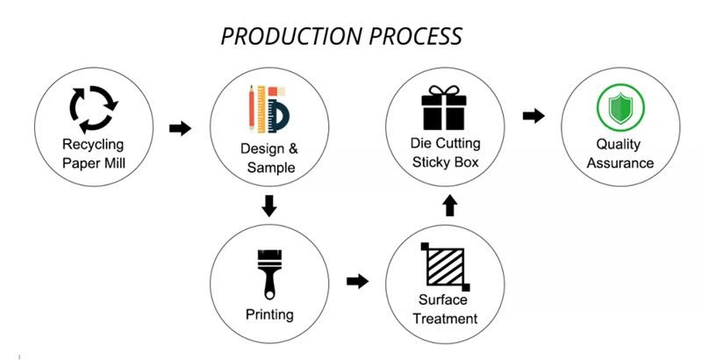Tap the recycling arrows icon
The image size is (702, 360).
93,106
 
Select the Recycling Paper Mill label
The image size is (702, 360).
93,153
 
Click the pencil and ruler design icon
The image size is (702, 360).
269,106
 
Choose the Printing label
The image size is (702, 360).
269,314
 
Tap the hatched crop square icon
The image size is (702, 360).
446,263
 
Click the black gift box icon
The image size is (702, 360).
446,107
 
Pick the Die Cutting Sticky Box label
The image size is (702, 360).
446,153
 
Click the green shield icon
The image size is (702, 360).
620,107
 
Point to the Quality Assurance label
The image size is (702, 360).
620,153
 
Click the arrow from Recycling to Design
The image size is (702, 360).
180,128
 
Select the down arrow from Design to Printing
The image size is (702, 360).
269,207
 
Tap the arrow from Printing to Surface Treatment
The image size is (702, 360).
357,281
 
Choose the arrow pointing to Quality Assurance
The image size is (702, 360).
533,116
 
